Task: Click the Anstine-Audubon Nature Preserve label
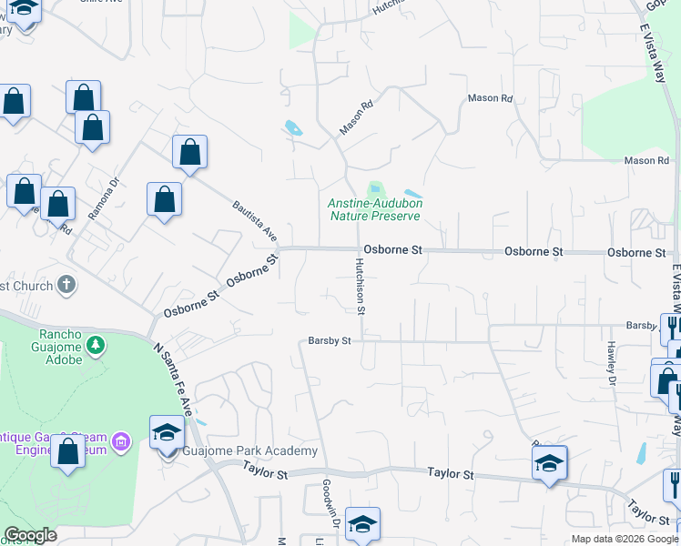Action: (x=375, y=210)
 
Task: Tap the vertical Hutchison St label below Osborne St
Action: (x=361, y=285)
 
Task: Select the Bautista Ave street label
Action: (x=254, y=220)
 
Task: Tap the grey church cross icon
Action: (x=66, y=286)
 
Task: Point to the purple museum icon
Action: (x=122, y=443)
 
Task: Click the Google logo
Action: (x=31, y=535)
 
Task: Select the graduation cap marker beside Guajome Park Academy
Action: (x=168, y=433)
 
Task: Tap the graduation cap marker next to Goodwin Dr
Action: (x=362, y=525)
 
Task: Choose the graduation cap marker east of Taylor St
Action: (x=550, y=463)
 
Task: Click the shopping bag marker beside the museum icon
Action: (x=68, y=452)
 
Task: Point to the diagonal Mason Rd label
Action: (x=357, y=118)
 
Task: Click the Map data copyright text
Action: (x=625, y=539)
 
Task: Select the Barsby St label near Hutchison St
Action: (x=330, y=341)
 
